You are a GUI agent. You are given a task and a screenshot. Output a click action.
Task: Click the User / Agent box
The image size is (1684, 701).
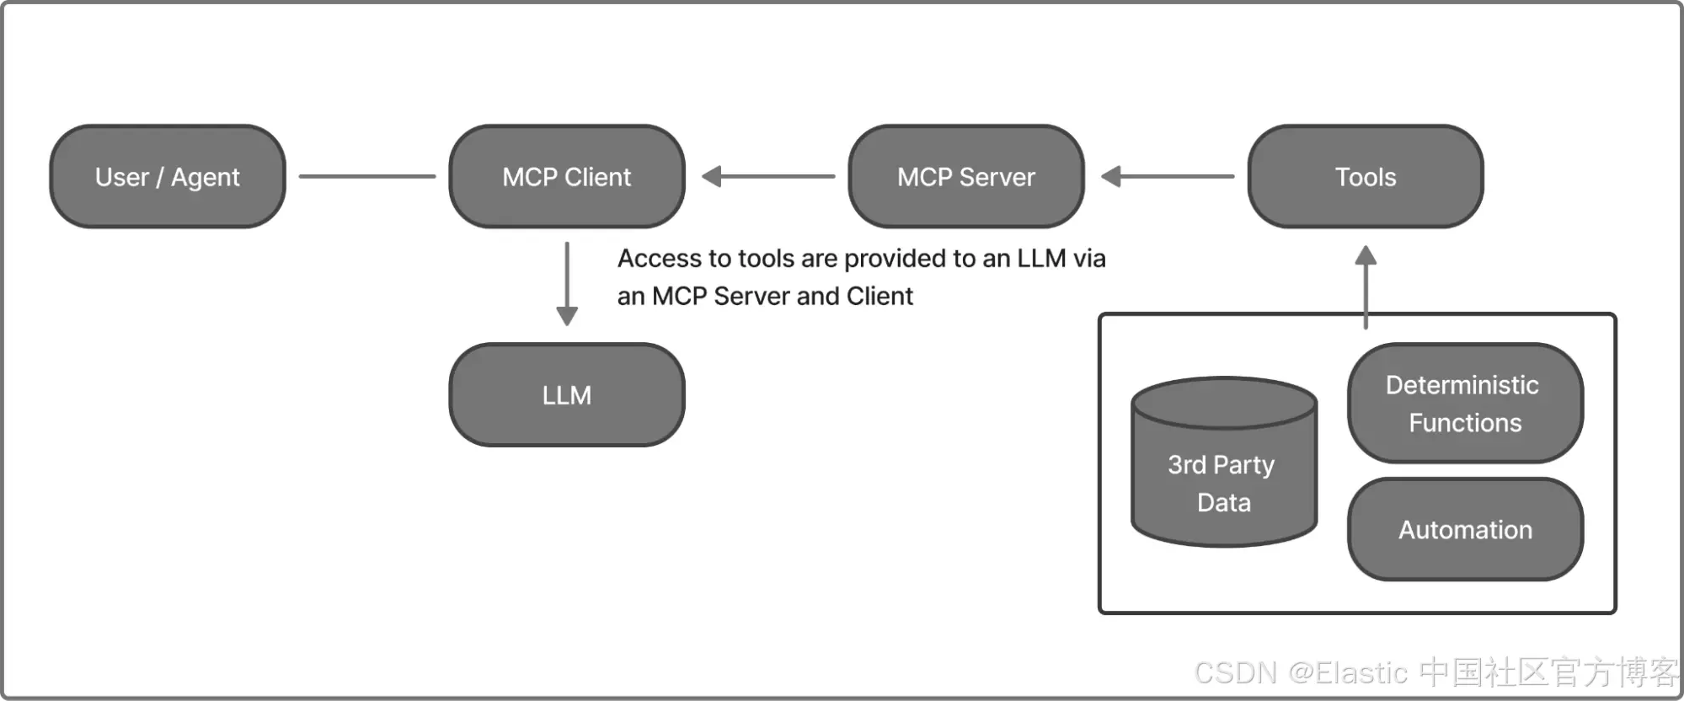pyautogui.click(x=168, y=177)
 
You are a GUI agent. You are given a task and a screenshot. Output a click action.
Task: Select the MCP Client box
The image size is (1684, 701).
pyautogui.click(x=567, y=177)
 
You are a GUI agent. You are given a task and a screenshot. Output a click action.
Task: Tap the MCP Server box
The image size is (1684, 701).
pyautogui.click(x=966, y=177)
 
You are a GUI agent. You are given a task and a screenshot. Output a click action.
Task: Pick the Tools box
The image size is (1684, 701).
pyautogui.click(x=1366, y=177)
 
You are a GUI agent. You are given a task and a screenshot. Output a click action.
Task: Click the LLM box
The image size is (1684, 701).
pyautogui.click(x=567, y=395)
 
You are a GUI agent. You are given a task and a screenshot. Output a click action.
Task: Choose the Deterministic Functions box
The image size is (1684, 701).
pyautogui.click(x=1466, y=404)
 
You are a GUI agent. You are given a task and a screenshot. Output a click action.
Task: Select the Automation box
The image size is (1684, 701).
pyautogui.click(x=1466, y=529)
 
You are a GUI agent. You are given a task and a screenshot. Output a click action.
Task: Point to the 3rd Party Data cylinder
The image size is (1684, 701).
pyautogui.click(x=1224, y=462)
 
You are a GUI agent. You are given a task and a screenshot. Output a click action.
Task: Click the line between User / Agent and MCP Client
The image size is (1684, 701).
pyautogui.click(x=367, y=177)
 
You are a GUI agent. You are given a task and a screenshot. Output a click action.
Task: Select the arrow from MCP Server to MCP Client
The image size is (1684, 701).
pyautogui.click(x=768, y=177)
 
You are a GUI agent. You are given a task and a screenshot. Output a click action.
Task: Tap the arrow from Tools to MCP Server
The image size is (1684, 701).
pyautogui.click(x=1168, y=177)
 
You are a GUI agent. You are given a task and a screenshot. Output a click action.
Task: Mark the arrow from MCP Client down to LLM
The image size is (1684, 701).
pyautogui.click(x=567, y=284)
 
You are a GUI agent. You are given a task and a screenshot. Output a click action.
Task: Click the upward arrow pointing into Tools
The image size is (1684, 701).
pyautogui.click(x=1366, y=287)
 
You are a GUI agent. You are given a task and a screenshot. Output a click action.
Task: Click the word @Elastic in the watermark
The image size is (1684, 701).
pyautogui.click(x=1349, y=673)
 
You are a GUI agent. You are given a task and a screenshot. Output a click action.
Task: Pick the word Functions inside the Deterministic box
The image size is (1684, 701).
pyautogui.click(x=1466, y=423)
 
